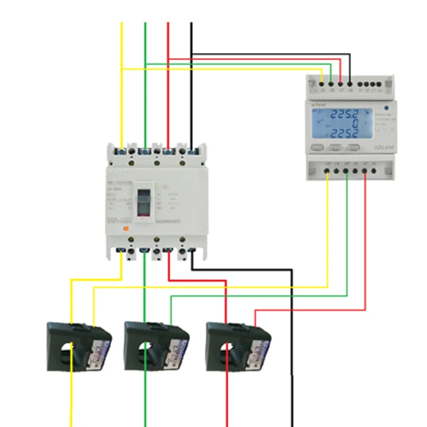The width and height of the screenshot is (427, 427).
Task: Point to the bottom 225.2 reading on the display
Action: [x=344, y=134]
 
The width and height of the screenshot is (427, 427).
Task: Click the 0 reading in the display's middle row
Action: [x=353, y=123]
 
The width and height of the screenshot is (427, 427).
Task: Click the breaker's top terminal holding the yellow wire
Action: [x=122, y=151]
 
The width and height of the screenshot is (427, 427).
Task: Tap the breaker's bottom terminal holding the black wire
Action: [x=191, y=250]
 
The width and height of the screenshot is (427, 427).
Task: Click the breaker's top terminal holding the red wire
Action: [x=168, y=151]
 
